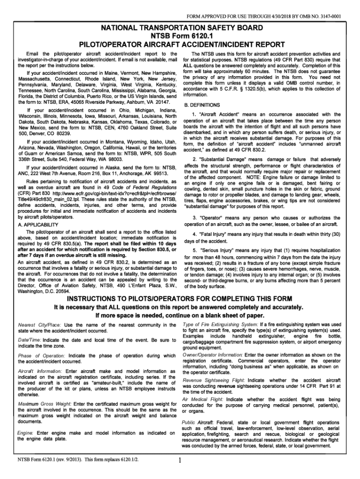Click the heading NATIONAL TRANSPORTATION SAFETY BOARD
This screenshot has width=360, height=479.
[180, 28]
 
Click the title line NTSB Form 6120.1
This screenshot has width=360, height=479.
[180, 36]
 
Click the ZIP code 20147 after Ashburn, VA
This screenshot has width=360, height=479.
[164, 102]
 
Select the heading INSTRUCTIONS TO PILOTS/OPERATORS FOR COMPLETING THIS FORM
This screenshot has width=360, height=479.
[180, 299]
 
